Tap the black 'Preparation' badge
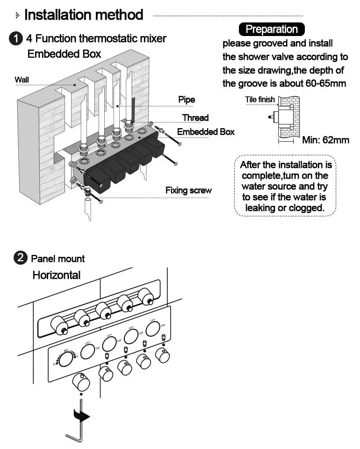coord(271,29)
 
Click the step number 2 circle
coord(21,258)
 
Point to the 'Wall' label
coord(22,80)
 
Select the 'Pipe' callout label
coord(187,100)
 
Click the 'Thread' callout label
coord(195,117)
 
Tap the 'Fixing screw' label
coord(188,190)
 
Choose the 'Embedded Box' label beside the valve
coord(206,132)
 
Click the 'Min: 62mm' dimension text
coord(325,140)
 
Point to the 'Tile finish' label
coord(260,100)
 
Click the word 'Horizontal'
coord(56,275)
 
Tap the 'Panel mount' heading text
coord(58,259)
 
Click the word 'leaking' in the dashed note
coord(261,208)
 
